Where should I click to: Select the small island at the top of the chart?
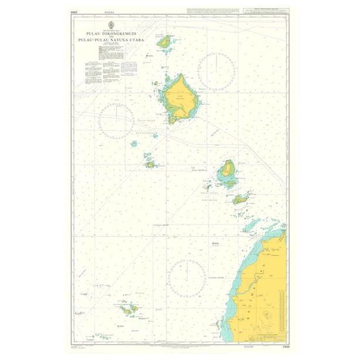click(166, 43)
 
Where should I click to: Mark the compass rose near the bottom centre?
click(187, 276)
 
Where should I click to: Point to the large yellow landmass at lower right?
click(263, 285)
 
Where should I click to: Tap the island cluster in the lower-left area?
click(130, 309)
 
